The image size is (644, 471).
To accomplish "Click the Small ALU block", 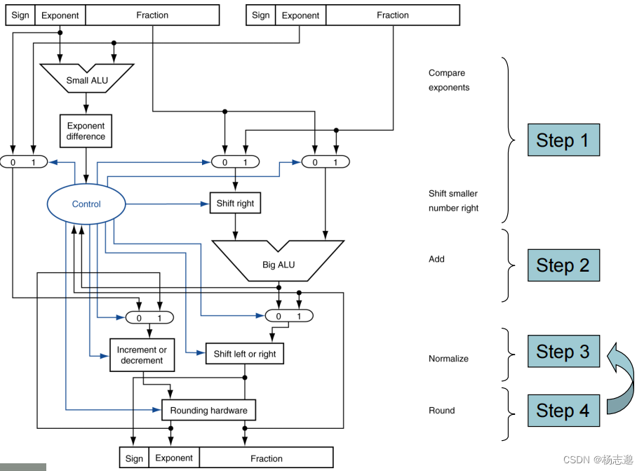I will coord(87,78).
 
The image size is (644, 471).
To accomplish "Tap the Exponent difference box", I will coord(86,131).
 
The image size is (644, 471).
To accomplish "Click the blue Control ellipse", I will coord(87,204).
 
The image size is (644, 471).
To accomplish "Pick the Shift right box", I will coord(235,204).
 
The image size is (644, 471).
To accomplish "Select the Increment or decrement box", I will coord(142,355).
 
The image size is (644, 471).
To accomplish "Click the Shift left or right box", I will coord(244,354).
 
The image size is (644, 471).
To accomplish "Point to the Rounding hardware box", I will coord(208,410).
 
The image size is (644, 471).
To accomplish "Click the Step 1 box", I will coord(563,140).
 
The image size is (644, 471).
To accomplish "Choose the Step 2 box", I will coord(563,265).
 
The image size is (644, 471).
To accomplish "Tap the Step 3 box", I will coord(563,351).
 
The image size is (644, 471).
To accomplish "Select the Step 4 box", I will coord(563,410).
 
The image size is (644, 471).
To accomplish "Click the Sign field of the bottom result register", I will coord(134,458).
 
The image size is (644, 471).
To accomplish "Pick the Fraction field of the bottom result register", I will coord(267,458).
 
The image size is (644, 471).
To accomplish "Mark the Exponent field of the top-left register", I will coord(60,15).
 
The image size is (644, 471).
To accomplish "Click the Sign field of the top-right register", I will coord(260,15).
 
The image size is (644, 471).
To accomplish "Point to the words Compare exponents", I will coord(448,80).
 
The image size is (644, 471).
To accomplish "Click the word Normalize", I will coord(448,359).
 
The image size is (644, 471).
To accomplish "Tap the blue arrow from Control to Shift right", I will coord(168,204).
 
